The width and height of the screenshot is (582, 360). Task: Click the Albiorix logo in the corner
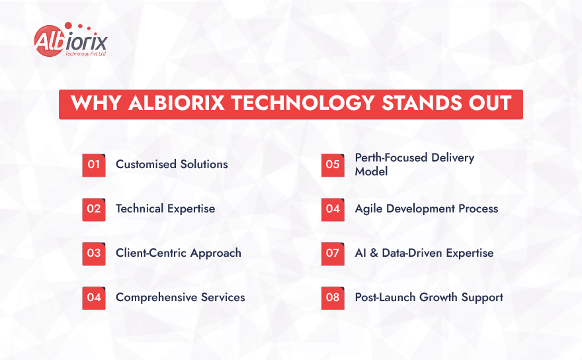pos(69,41)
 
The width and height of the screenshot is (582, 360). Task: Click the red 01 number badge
pos(94,165)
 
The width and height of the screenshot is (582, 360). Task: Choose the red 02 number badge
pos(94,209)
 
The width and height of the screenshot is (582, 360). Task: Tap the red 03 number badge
pos(94,253)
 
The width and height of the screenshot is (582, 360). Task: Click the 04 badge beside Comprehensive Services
pos(94,298)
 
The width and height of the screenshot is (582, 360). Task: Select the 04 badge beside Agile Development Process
pos(333,209)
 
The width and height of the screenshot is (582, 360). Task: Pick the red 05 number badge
pos(333,165)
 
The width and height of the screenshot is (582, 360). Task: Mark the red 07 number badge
pos(333,253)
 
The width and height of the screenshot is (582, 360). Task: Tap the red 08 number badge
pos(333,298)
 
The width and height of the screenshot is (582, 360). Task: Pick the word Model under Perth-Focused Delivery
pos(371,171)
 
